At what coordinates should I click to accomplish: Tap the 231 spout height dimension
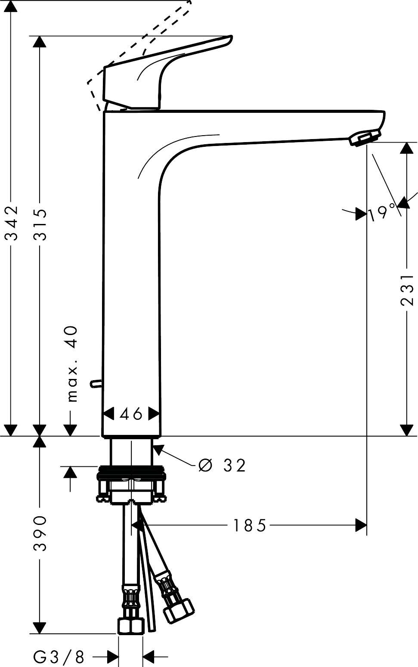coord(407,289)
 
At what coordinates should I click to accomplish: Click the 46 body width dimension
coord(131,414)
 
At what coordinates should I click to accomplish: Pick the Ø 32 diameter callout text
coord(222,465)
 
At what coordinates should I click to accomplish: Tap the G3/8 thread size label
coord(59,657)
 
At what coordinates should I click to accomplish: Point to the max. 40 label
coord(73,363)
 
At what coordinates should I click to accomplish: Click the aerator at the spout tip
coord(365,139)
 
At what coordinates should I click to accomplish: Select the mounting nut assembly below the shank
coord(131,484)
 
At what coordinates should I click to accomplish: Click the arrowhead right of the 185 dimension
coord(361,525)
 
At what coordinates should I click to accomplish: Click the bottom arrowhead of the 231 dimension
coord(407,429)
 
